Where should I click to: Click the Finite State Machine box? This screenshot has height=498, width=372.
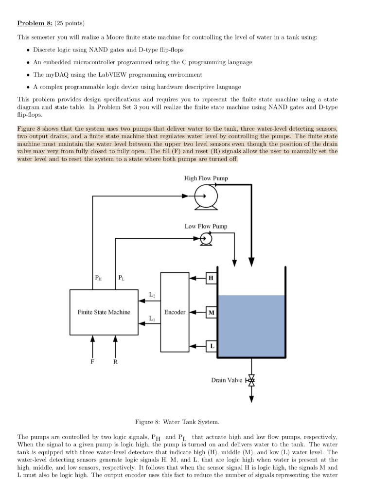pos(104,312)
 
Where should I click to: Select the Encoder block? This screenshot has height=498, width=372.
pos(175,312)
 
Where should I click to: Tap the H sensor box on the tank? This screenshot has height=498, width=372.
pos(211,278)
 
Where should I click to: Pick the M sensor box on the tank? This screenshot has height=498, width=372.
pos(211,312)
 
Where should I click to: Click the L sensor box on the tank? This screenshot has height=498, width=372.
pos(211,346)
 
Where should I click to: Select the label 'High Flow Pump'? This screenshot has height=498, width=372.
pos(206,178)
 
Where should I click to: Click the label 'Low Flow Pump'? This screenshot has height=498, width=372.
pos(206,226)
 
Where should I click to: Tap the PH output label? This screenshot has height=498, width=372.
pos(99,278)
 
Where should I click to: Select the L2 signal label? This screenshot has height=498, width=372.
pos(152,294)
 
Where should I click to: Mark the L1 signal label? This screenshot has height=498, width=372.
pos(152,319)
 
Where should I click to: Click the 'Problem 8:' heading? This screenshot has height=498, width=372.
pos(35,23)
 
